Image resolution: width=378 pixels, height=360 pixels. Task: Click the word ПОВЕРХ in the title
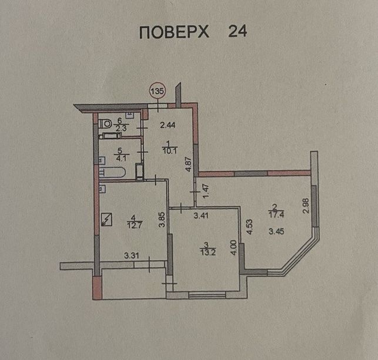click(174, 32)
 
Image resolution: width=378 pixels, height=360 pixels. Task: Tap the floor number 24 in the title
click(237, 31)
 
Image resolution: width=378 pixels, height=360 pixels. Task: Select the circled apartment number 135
click(158, 92)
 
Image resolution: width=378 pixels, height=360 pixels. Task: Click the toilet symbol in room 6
click(105, 125)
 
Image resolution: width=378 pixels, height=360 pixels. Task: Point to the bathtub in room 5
click(112, 173)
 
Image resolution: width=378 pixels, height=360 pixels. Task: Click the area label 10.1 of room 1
click(170, 151)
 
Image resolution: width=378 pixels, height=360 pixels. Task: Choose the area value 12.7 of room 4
click(134, 225)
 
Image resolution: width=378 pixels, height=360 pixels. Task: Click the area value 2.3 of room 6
click(121, 128)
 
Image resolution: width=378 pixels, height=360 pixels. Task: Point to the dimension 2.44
click(168, 125)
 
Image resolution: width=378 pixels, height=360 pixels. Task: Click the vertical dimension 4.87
click(189, 164)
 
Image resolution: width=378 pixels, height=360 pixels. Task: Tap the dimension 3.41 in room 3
click(201, 216)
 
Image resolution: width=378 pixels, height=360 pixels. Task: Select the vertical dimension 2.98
click(306, 206)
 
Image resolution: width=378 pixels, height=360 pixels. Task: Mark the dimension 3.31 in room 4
click(131, 255)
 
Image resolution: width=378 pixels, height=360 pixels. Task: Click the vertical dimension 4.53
click(249, 227)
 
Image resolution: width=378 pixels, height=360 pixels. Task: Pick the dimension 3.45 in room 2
click(276, 231)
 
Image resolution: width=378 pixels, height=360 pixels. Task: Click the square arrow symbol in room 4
click(106, 220)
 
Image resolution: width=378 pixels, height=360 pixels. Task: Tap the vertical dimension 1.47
click(206, 191)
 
